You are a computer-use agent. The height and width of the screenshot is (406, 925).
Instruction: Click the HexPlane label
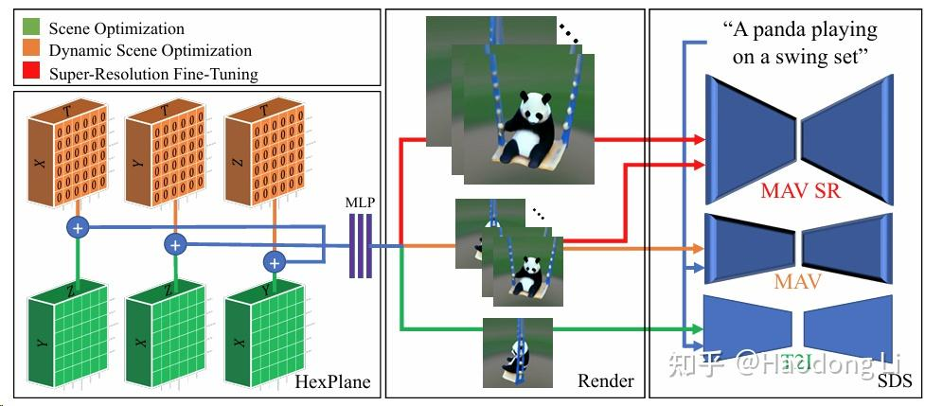click(x=332, y=382)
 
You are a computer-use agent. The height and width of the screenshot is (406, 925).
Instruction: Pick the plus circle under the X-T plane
click(x=77, y=227)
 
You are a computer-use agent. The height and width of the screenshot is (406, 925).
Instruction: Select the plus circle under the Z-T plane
click(x=275, y=262)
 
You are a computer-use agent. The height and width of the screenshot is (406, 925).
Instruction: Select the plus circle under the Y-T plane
click(x=174, y=245)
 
